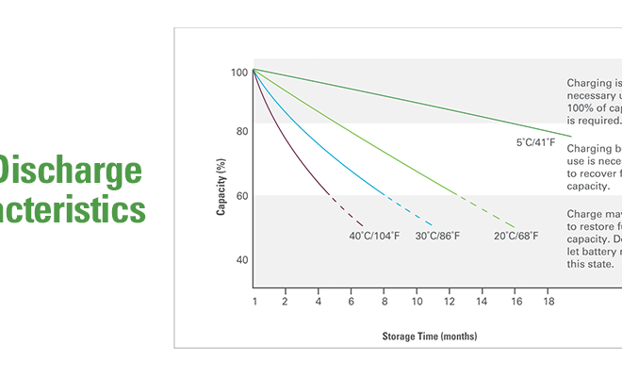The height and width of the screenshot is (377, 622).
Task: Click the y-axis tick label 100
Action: pyautogui.click(x=238, y=73)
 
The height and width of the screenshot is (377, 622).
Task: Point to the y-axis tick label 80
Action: pyautogui.click(x=241, y=132)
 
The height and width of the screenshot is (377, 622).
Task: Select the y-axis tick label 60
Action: pyautogui.click(x=241, y=196)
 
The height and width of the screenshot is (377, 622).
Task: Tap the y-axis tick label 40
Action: pyautogui.click(x=241, y=259)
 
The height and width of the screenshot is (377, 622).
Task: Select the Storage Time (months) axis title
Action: pyautogui.click(x=429, y=336)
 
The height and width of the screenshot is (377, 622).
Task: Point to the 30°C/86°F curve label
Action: pyautogui.click(x=438, y=235)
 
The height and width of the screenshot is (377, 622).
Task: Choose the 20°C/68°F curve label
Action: pyautogui.click(x=516, y=235)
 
